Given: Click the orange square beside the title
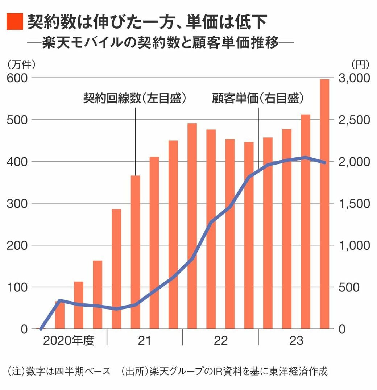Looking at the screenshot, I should click(x=14, y=22).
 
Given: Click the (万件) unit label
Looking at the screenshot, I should click(x=21, y=64).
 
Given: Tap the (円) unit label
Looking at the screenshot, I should click(x=360, y=64).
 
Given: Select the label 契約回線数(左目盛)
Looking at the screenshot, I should click(x=135, y=99).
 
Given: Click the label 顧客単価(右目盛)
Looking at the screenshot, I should click(x=258, y=99).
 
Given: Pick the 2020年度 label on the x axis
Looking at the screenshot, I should click(x=69, y=341).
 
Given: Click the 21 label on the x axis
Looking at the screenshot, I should click(x=145, y=341).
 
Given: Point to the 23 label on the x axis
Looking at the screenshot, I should click(x=296, y=341).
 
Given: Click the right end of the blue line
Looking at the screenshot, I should click(x=324, y=162).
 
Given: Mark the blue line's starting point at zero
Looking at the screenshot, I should click(x=41, y=329).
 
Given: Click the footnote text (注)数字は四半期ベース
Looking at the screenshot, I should click(x=58, y=372).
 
